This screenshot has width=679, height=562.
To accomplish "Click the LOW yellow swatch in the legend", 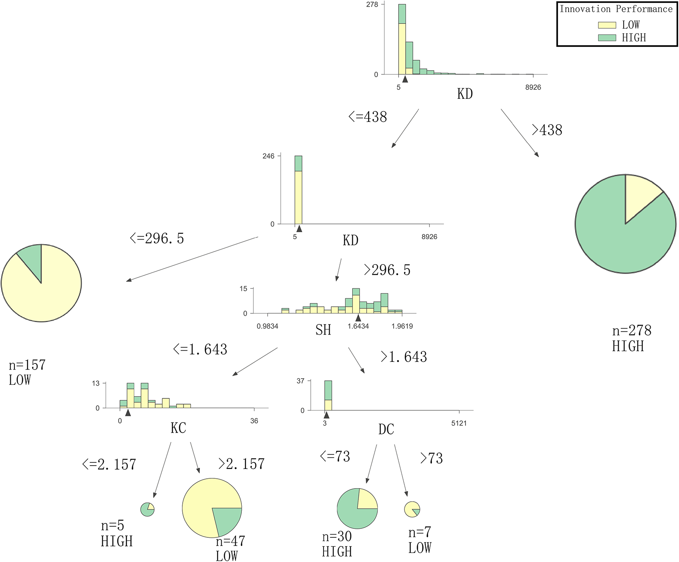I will (607, 25).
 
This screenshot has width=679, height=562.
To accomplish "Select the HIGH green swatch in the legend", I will (607, 38).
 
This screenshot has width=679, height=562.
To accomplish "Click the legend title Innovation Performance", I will (616, 9).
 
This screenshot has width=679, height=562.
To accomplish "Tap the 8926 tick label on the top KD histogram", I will (533, 87).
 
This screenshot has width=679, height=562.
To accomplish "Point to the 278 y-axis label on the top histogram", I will (372, 5).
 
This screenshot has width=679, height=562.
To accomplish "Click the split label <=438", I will (367, 117).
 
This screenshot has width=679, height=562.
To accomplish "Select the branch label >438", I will (547, 130).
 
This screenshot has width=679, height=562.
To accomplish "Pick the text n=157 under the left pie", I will (27, 365).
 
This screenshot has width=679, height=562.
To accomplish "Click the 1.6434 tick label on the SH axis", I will (358, 327).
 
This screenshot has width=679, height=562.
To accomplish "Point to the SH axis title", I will (323, 330).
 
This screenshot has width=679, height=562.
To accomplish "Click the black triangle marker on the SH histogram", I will (358, 318).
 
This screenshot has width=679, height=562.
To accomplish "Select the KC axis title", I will (178, 428).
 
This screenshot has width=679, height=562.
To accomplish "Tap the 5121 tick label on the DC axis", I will (459, 423).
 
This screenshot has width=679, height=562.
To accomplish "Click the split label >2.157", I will (241, 464).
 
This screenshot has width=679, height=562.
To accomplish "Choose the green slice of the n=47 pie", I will (227, 520).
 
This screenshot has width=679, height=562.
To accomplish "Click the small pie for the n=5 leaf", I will (147, 509).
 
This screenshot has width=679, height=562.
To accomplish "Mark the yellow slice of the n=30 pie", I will (367, 499).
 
